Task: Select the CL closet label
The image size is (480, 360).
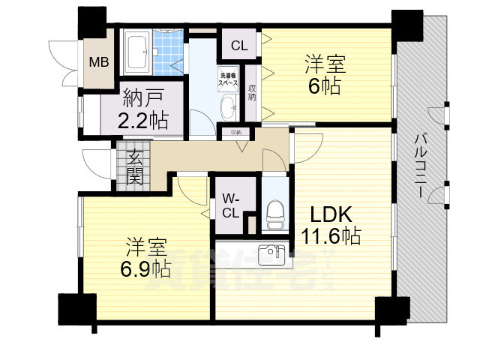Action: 238,46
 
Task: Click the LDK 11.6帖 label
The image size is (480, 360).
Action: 330,224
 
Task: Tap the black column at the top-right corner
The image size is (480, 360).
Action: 407,26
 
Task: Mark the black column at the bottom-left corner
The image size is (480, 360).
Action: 77,308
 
